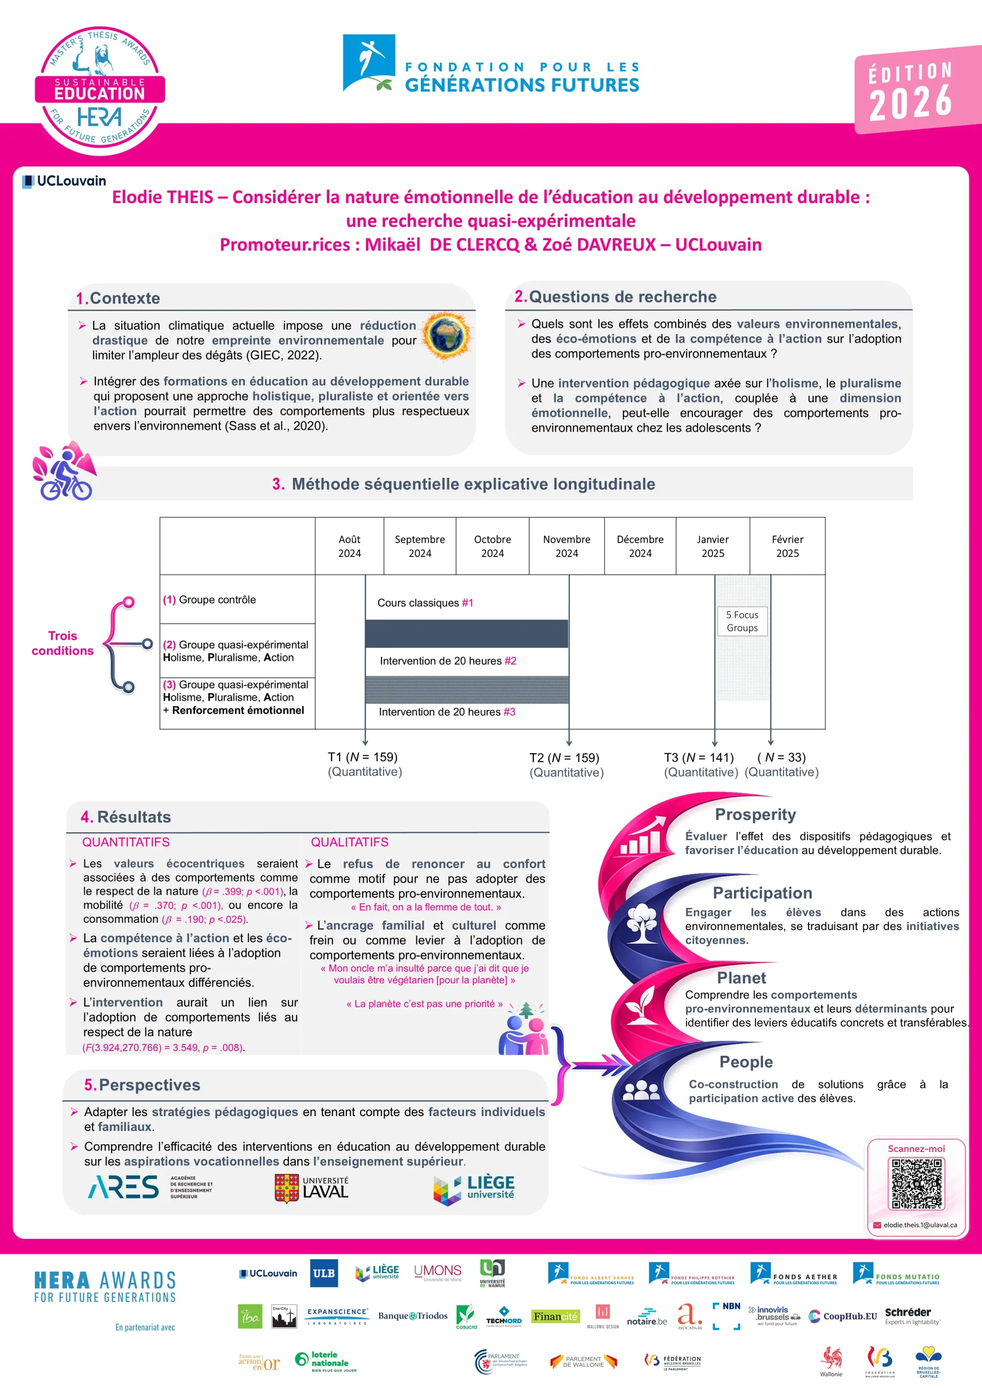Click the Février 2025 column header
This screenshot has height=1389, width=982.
click(x=787, y=546)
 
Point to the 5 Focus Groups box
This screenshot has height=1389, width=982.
click(x=742, y=621)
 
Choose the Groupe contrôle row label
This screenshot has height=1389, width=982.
click(x=210, y=599)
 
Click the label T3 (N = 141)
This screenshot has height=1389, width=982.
click(x=699, y=757)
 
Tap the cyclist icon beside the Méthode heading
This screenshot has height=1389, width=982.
click(x=64, y=472)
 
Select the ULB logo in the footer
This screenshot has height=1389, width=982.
click(x=324, y=1274)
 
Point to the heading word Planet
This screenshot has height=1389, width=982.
click(x=741, y=978)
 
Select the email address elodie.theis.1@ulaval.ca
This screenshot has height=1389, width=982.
click(x=920, y=1224)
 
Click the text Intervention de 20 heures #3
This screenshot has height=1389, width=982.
click(x=447, y=712)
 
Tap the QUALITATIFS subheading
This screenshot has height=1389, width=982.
click(x=349, y=842)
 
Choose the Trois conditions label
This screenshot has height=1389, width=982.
click(x=62, y=643)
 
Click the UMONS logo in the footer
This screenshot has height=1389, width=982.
click(x=437, y=1272)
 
